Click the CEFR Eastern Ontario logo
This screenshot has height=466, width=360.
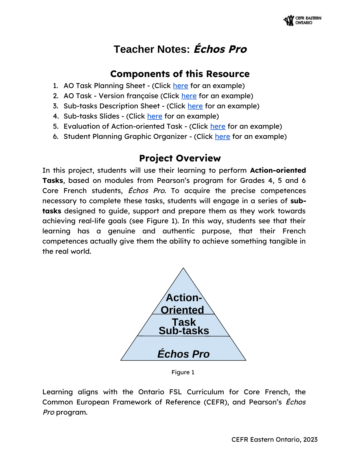302,21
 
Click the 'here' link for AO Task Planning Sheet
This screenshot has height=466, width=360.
180,86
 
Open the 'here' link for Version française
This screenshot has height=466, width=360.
189,96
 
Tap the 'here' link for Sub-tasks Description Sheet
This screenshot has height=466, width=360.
195,106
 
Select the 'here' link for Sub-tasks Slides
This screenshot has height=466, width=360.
155,116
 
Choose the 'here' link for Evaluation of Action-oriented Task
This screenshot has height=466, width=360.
218,126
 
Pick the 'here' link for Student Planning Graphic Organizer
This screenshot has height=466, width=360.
222,137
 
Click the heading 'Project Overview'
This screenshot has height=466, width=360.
180,158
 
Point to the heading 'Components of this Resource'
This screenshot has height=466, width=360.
180,74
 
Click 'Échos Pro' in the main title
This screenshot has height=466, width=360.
220,49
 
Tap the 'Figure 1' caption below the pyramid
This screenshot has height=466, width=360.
183,372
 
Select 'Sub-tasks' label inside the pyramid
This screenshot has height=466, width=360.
184,331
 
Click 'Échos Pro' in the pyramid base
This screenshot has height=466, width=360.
184,354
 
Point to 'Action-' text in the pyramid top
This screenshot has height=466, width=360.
184,298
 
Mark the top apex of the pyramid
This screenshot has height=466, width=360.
183,268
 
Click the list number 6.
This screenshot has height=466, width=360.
56,137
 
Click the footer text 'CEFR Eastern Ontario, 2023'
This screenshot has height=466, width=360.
274,439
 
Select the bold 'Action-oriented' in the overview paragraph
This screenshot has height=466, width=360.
278,170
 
